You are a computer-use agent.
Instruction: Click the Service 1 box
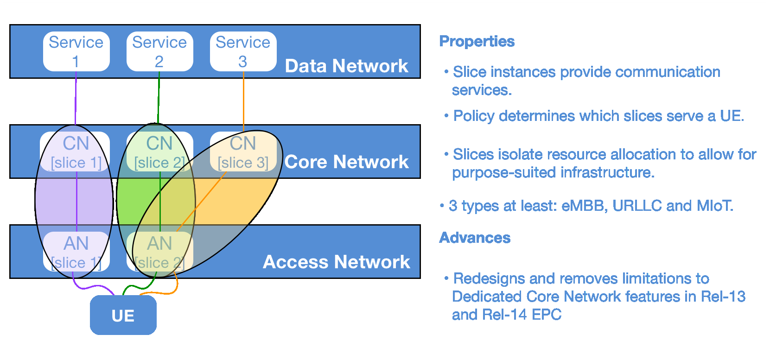(76, 51)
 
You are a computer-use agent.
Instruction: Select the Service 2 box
(160, 51)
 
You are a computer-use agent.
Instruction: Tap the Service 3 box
(243, 51)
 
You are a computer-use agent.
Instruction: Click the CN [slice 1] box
(75, 152)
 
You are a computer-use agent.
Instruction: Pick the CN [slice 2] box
(160, 152)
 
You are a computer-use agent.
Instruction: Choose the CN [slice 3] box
(243, 152)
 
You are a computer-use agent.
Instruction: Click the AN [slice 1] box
(76, 252)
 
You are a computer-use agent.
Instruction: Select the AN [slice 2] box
(160, 252)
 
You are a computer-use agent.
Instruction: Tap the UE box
(123, 315)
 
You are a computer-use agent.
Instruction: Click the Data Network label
(346, 66)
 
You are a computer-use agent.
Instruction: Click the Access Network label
(337, 262)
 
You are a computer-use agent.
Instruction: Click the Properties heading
(477, 42)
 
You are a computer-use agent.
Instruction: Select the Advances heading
(475, 238)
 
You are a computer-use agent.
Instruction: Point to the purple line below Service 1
(76, 98)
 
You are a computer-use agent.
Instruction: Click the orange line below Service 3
(243, 101)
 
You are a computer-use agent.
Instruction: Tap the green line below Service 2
(159, 98)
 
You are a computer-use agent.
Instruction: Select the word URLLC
(637, 206)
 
